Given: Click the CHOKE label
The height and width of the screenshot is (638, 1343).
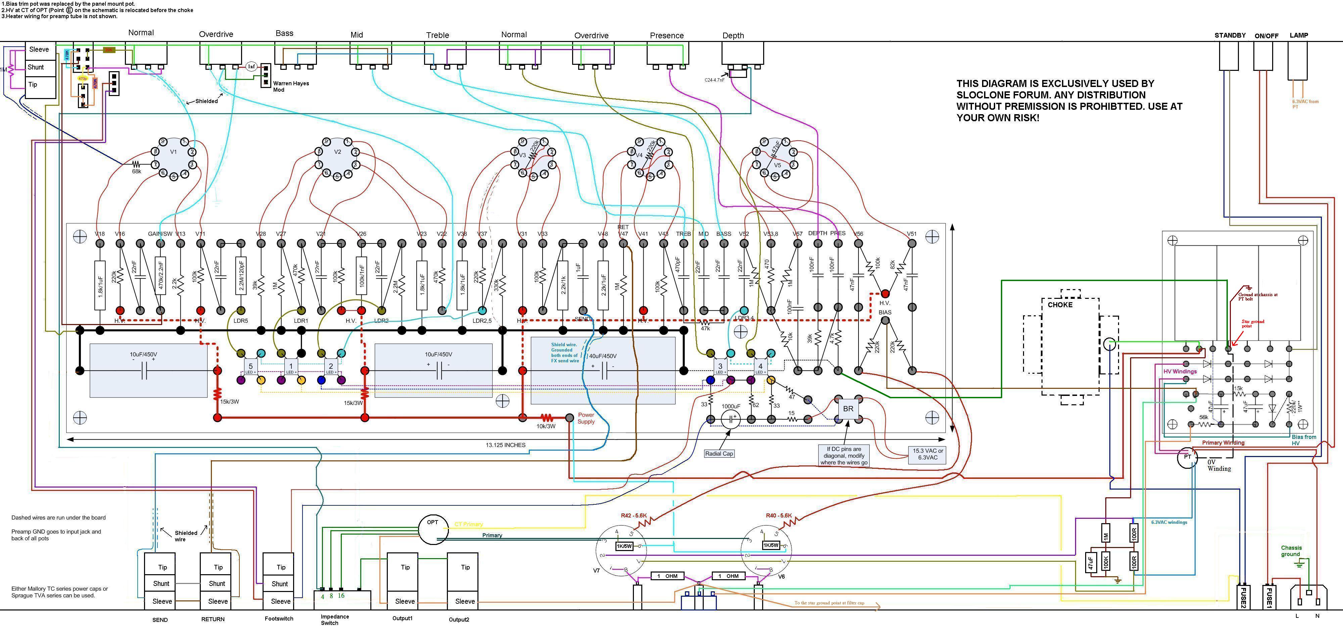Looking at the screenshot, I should coord(1060,305).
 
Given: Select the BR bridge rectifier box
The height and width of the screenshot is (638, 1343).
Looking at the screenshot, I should coord(848,409).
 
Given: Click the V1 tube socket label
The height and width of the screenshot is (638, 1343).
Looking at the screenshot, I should coord(174,152).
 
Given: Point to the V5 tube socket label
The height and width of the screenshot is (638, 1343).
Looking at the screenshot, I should coord(777,165).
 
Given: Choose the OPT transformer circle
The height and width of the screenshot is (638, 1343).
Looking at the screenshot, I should coord(433,529).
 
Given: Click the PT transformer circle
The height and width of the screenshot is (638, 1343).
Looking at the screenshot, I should coord(1187,457).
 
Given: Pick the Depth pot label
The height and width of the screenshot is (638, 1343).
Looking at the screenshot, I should coord(733,36).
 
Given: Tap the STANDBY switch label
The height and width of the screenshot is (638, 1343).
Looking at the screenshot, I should coord(1230,36).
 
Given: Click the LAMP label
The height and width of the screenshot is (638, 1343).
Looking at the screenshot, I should coord(1299,36).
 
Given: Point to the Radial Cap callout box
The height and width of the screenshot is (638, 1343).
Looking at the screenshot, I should coord(719,453).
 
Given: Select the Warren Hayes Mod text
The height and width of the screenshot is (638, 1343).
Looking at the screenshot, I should coord(291,87).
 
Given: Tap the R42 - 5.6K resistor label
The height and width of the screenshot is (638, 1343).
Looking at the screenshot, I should coord(634,515).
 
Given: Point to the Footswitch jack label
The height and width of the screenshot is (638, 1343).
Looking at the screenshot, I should coord(279,619).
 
